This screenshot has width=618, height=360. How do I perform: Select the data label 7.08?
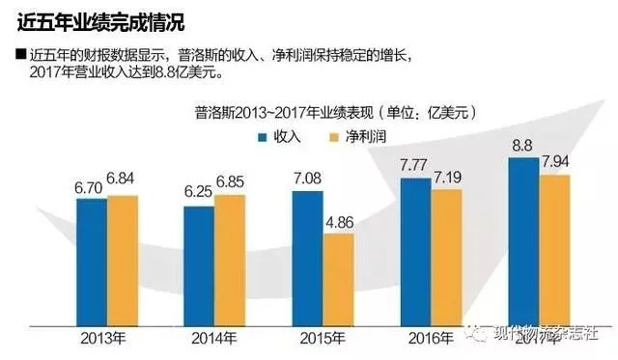[x=306, y=180]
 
